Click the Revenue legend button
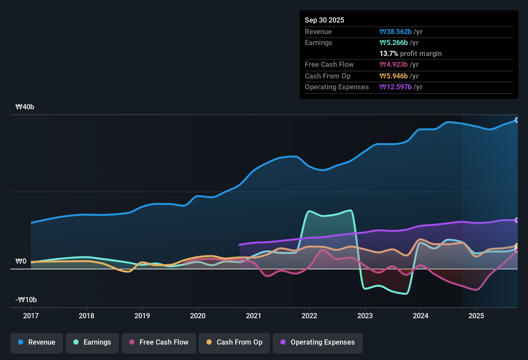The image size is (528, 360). tap(37, 342)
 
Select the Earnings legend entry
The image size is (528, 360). tap(92, 342)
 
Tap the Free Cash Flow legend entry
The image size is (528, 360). tap(159, 342)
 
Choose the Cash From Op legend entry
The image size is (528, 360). tap(234, 342)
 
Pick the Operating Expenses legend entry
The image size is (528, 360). tap(318, 342)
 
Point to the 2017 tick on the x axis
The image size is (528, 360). tap(31, 316)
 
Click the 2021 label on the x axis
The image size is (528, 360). tap(253, 316)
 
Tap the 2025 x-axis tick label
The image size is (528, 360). tap(476, 316)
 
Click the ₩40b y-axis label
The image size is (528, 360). tap(25, 107)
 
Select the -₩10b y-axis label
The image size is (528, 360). tap(26, 300)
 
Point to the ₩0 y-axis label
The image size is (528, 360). tap(21, 261)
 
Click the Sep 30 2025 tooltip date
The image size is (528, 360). tap(324, 20)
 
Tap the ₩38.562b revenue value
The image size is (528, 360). tap(396, 32)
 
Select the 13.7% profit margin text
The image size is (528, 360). tap(410, 54)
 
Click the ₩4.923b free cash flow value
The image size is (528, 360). tap(394, 65)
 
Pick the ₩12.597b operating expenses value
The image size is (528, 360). tap(396, 87)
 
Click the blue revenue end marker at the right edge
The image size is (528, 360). tap(517, 120)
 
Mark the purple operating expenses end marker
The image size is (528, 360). tap(517, 220)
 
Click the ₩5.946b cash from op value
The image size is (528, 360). tap(394, 76)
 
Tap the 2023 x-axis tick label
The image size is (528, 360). tap(365, 316)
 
